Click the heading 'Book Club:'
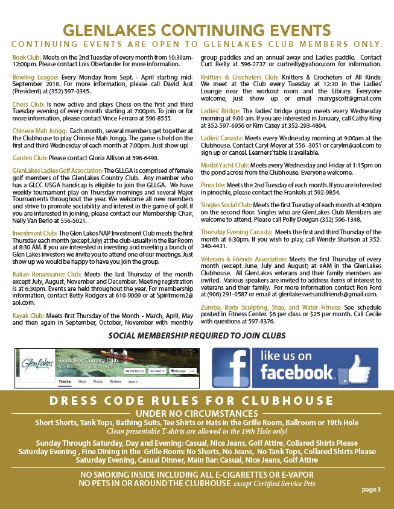click(x=25, y=57)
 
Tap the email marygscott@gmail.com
click(x=352, y=98)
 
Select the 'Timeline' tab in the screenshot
click(x=64, y=381)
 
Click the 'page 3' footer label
click(x=371, y=489)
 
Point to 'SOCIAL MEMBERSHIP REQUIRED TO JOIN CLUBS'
click(x=196, y=335)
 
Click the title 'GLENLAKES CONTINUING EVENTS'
click(x=197, y=30)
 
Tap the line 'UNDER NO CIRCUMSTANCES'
click(x=197, y=413)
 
